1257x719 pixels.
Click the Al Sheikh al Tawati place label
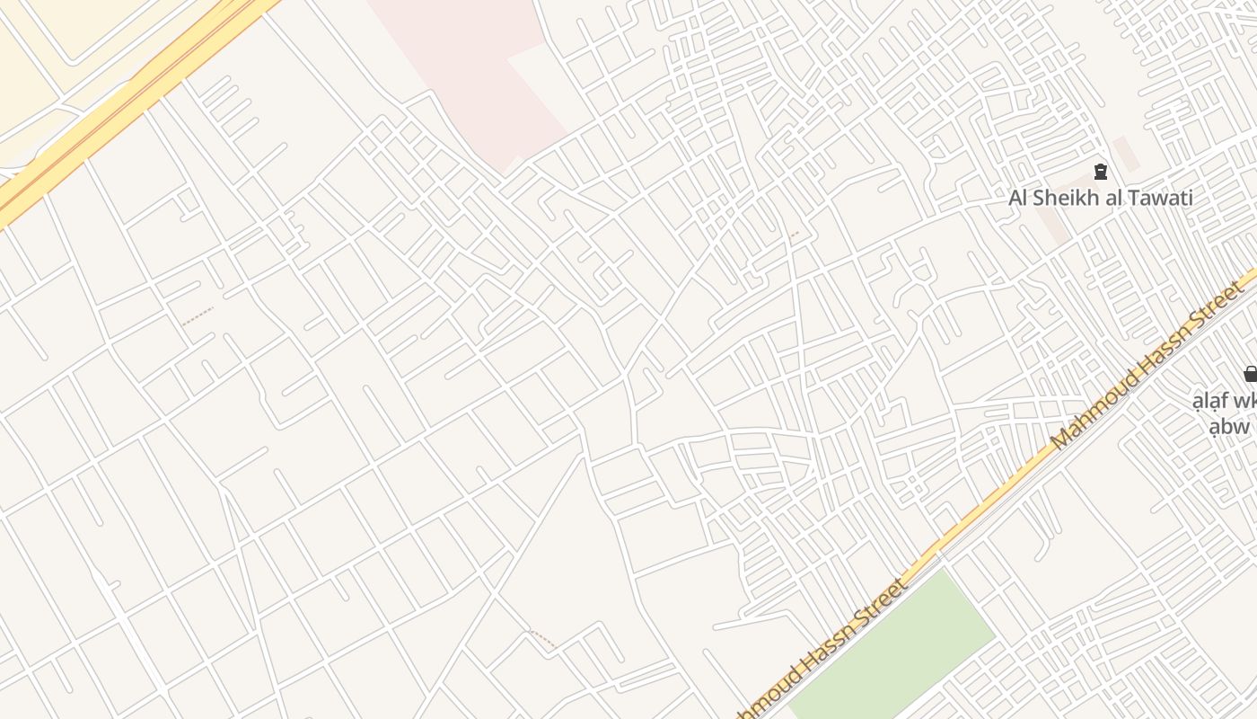[x=1101, y=198]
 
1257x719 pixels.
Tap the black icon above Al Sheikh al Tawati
[x=1101, y=172]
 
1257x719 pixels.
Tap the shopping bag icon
[x=1250, y=374]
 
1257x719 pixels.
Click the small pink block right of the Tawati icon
[x=1126, y=154]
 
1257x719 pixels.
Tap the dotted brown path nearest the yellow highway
[x=198, y=315]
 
